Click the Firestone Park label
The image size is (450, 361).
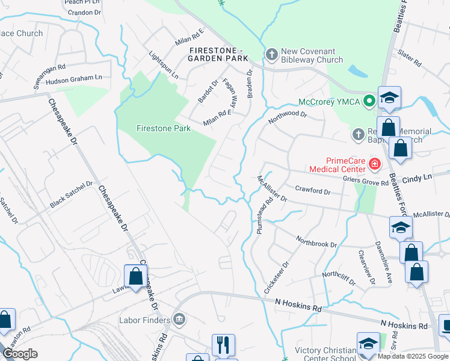[155, 128]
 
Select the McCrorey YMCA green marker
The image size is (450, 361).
[368, 102]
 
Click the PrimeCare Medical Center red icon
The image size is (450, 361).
[374, 163]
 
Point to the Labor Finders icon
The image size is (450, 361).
[179, 318]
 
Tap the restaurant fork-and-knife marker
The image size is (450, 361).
[223, 345]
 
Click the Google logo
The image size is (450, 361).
[20, 354]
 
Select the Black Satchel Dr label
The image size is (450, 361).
[72, 195]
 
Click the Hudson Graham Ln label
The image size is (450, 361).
[74, 78]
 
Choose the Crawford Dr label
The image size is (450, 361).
[313, 190]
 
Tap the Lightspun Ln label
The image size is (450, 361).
[164, 65]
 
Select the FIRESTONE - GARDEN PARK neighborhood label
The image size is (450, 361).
[218, 54]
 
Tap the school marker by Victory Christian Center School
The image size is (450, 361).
[368, 343]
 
